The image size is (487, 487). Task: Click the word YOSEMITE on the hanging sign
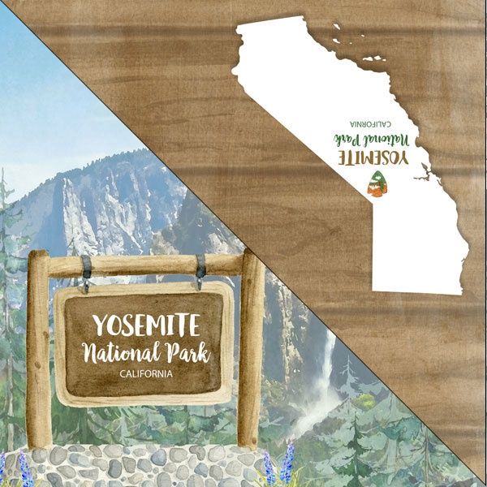(145, 325)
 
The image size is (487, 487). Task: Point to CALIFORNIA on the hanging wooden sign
(145, 374)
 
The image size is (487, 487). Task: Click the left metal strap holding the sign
(85, 271)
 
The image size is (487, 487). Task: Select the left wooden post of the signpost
(39, 349)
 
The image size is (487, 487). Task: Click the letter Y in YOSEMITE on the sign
(100, 325)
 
